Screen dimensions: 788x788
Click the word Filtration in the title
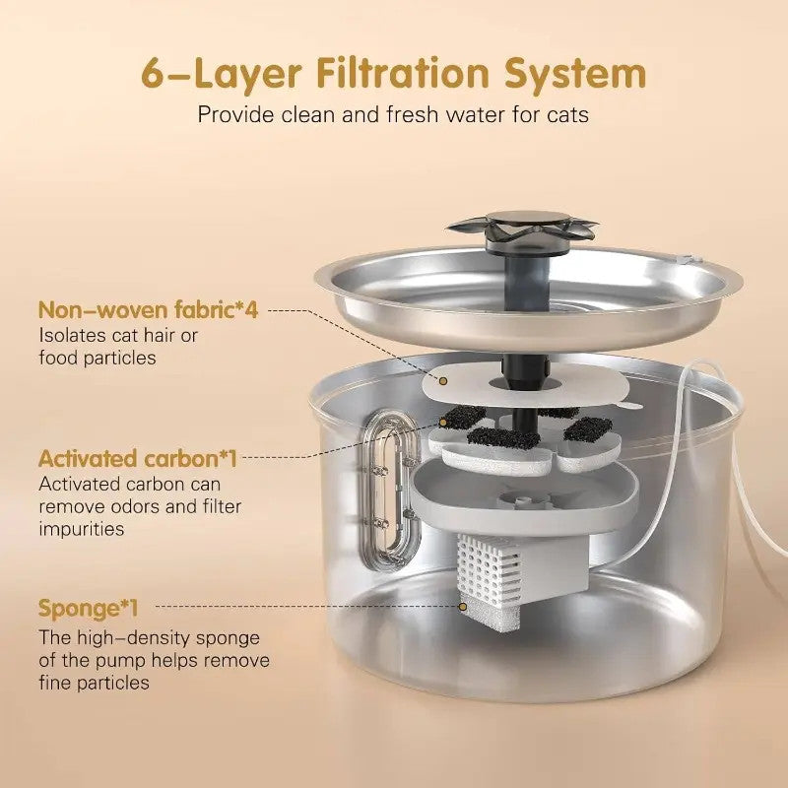[x=403, y=73]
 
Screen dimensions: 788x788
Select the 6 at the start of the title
[x=153, y=75]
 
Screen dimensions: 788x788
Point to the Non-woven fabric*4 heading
[x=149, y=309]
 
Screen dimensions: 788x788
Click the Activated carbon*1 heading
[x=137, y=458]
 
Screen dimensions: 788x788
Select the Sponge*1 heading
[x=88, y=609]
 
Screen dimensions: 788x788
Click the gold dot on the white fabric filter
[x=443, y=381]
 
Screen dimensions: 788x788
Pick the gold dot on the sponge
[x=463, y=607]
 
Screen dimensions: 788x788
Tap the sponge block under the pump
[x=490, y=614]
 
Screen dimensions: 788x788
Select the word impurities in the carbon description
[x=82, y=529]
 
